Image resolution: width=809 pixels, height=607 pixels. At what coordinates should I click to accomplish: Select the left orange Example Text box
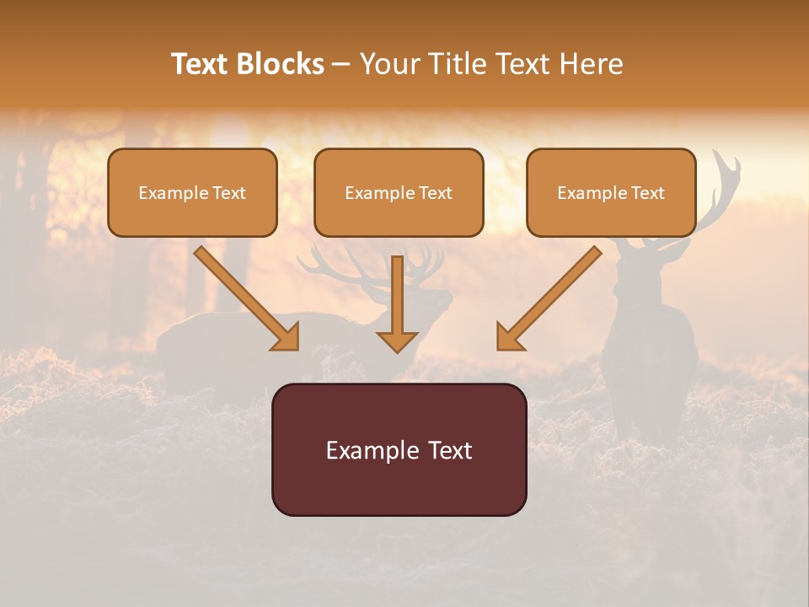[192, 192]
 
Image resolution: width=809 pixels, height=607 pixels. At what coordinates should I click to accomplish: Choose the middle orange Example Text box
[399, 192]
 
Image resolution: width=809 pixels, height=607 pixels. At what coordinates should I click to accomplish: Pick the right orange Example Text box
[611, 192]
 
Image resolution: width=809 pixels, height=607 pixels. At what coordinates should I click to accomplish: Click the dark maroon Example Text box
[399, 449]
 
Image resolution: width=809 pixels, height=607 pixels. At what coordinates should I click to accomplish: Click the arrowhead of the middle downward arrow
[397, 341]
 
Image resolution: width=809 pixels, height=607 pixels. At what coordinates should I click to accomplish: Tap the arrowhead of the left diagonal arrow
[287, 338]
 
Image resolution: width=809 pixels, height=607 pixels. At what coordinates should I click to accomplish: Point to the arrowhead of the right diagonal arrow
[508, 338]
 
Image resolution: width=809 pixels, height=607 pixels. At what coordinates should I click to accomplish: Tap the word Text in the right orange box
[646, 193]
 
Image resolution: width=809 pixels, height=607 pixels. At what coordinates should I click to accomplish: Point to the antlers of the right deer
[721, 185]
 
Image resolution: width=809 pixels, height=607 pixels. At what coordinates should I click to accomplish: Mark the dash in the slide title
[341, 64]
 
